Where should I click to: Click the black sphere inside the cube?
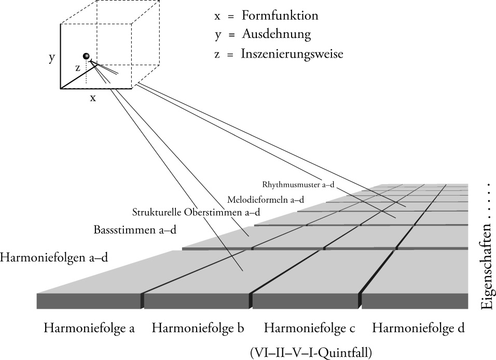[x=86, y=56]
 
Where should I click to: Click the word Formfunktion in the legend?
[x=279, y=16]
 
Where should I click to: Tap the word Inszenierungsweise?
[x=292, y=53]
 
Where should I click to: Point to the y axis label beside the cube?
[x=52, y=58]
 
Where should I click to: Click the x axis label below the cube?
[x=93, y=97]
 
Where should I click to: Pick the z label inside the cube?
[x=77, y=67]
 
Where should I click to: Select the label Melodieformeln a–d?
[x=265, y=199]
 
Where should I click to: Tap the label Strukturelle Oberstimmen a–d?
[x=196, y=212]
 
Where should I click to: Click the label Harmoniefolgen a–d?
[x=54, y=257]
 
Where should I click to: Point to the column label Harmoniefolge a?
[x=89, y=328]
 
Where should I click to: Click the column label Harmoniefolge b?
[x=198, y=328]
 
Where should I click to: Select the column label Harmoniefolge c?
[x=309, y=328]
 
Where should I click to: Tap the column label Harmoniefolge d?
[x=418, y=328]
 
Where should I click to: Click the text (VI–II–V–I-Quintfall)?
[x=310, y=353]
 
